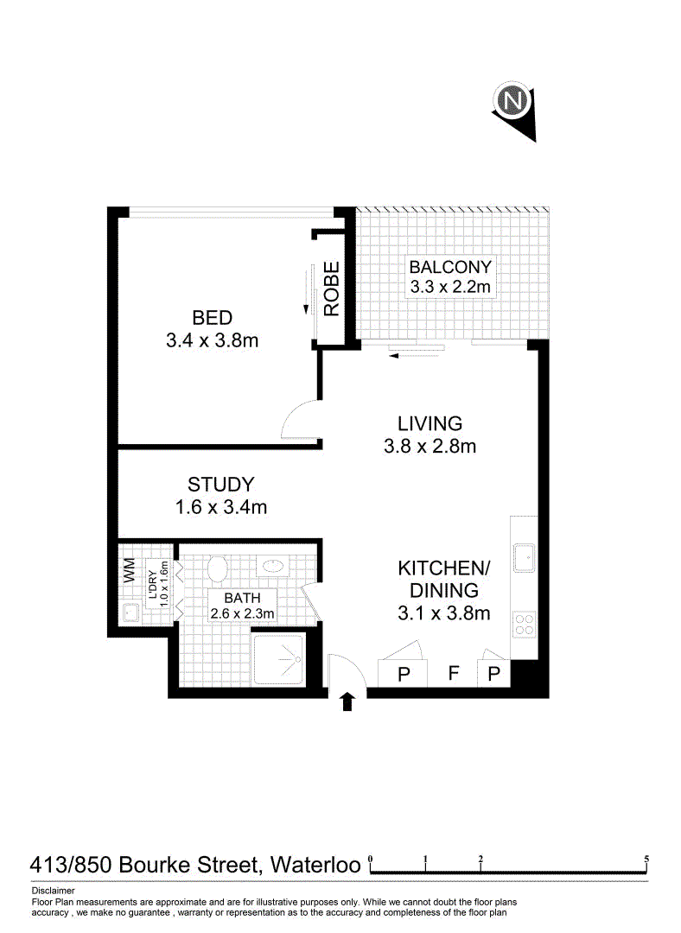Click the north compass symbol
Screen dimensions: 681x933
click(x=513, y=109)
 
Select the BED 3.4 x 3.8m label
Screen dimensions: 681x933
click(x=212, y=329)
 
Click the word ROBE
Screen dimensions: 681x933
click(x=331, y=289)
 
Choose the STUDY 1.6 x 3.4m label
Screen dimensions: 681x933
click(x=221, y=495)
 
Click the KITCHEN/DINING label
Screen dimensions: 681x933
click(x=444, y=590)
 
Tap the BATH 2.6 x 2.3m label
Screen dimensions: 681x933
click(x=242, y=605)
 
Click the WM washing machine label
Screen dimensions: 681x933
click(x=129, y=570)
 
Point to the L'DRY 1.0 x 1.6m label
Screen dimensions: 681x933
click(x=158, y=584)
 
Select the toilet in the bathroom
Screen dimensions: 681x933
click(x=218, y=568)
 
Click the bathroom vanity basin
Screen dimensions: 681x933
click(x=272, y=566)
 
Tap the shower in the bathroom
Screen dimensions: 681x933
click(x=280, y=659)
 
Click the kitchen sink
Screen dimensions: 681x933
click(x=524, y=558)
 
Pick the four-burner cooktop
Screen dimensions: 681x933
click(x=525, y=625)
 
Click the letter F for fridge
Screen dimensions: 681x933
click(x=454, y=673)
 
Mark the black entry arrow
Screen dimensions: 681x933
click(x=347, y=701)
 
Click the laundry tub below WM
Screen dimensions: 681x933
click(x=130, y=612)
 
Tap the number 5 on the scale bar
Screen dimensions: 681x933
click(x=646, y=860)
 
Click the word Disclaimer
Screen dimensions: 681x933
click(x=54, y=891)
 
